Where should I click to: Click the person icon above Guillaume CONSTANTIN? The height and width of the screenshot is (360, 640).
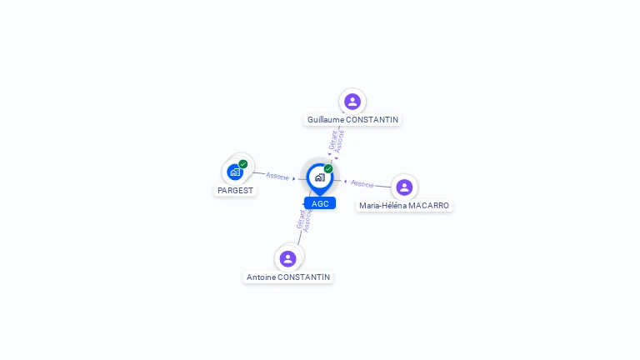point(352,102)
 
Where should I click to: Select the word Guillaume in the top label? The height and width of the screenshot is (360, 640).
point(325,120)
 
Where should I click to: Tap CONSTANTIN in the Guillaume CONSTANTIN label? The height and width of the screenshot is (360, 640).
point(372,120)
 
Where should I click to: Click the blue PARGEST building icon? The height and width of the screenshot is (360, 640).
point(235,172)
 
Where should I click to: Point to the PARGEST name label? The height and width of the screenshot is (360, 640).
point(235,190)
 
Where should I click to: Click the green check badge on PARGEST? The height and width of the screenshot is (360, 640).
point(243,164)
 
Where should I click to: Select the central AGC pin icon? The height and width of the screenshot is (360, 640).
point(319,177)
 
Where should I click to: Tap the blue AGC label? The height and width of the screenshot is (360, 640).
point(320,203)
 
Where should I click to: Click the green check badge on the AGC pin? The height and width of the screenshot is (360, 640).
point(328,168)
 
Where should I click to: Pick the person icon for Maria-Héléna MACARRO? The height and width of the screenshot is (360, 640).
point(404,187)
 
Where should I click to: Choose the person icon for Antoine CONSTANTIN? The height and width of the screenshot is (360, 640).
point(288,258)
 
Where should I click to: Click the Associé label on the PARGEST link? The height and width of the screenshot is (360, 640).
point(277,176)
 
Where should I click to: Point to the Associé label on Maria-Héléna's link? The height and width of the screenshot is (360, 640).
point(362,183)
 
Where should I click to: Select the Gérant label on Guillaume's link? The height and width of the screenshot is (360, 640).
point(332,140)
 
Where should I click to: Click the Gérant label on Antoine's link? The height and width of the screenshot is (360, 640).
point(301,219)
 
